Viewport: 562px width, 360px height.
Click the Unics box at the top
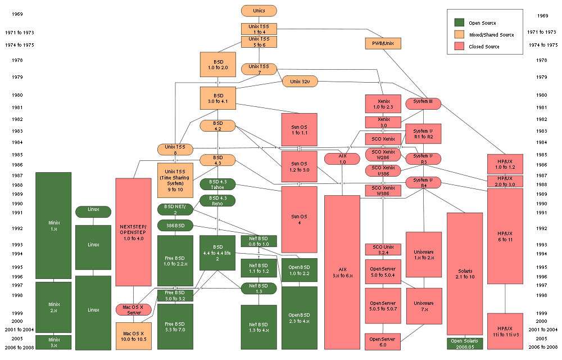pyautogui.click(x=259, y=11)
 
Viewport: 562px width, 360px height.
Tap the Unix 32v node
pyautogui.click(x=300, y=81)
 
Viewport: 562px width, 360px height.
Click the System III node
pyautogui.click(x=423, y=102)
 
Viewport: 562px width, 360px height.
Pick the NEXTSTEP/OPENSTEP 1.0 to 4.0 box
pyautogui.click(x=133, y=232)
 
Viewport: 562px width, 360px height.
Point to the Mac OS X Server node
pyautogui.click(x=134, y=309)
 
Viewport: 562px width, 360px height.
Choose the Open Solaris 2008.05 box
pyautogui.click(x=464, y=344)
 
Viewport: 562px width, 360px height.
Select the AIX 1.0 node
pyautogui.click(x=342, y=158)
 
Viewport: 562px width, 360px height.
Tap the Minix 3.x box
pyautogui.click(x=53, y=342)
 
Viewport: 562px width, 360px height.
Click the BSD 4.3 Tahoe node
pyautogui.click(x=217, y=184)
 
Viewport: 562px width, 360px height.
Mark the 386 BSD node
pyautogui.click(x=175, y=226)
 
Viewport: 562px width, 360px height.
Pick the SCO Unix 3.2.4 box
pyautogui.click(x=383, y=250)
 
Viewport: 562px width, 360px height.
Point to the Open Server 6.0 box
pyautogui.click(x=383, y=341)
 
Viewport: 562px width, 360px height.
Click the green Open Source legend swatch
pyautogui.click(x=459, y=22)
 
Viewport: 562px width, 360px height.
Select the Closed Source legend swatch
pyautogui.click(x=459, y=47)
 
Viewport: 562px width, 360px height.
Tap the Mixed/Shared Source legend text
pyautogui.click(x=491, y=35)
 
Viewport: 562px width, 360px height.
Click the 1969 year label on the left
pyautogui.click(x=17, y=16)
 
